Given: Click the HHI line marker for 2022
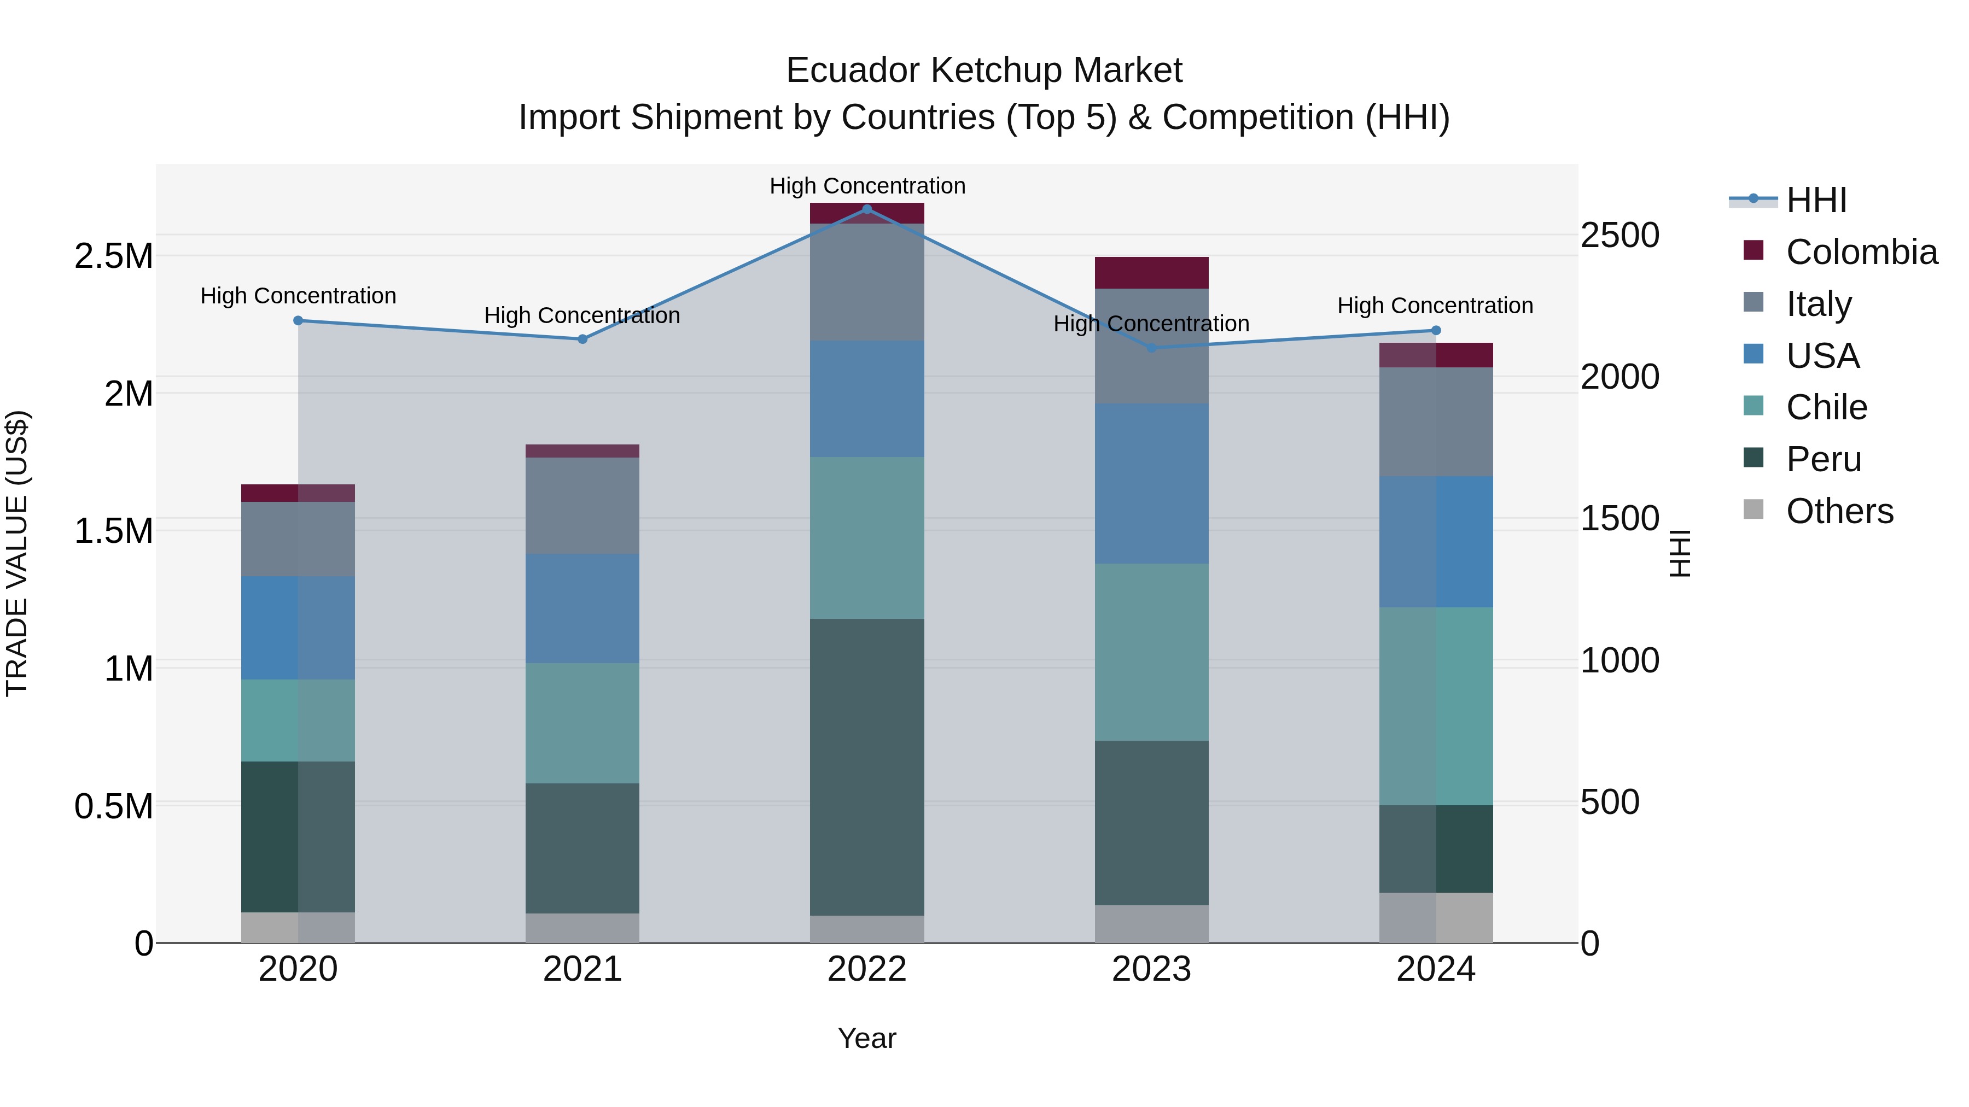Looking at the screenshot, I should pyautogui.click(x=867, y=209).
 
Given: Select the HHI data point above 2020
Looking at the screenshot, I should pyautogui.click(x=298, y=321).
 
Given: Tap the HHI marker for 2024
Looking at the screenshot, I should pyautogui.click(x=1436, y=330).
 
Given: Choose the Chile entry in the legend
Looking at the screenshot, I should pyautogui.click(x=1826, y=407).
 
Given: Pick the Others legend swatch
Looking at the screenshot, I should pyautogui.click(x=1754, y=509).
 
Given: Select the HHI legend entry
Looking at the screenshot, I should pyautogui.click(x=1816, y=200).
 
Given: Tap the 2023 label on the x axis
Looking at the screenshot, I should pyautogui.click(x=1151, y=969).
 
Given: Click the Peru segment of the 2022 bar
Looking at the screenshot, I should pyautogui.click(x=867, y=766).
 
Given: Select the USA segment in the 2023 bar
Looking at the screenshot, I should pyautogui.click(x=1151, y=484).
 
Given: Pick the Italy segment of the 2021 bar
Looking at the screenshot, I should pyautogui.click(x=582, y=506).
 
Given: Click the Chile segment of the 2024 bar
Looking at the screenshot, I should pyautogui.click(x=1436, y=706).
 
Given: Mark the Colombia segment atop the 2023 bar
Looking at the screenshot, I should pyautogui.click(x=1151, y=273).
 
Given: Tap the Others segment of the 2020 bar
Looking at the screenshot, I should pyautogui.click(x=298, y=928).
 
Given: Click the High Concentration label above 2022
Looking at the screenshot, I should pyautogui.click(x=867, y=186).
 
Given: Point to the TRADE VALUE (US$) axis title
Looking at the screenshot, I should pyautogui.click(x=18, y=553).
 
